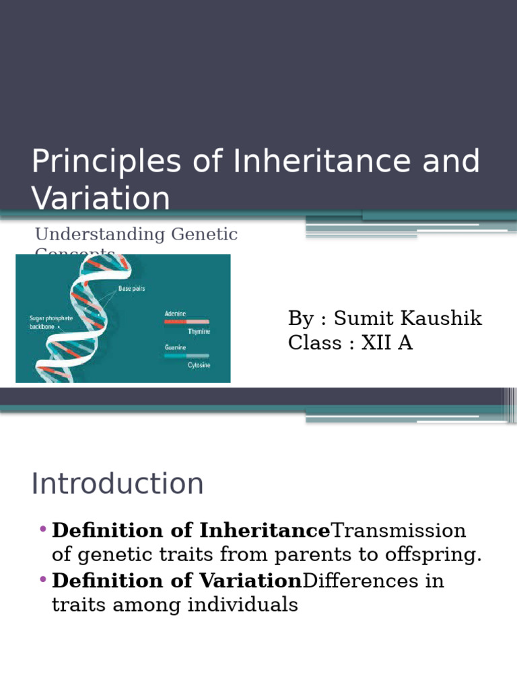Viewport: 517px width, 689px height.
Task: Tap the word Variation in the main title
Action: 101,199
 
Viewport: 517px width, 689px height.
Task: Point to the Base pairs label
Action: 132,289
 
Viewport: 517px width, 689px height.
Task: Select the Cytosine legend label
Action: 199,365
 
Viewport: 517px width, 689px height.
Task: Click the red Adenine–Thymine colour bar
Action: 186,322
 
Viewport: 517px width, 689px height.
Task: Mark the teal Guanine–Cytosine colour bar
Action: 186,355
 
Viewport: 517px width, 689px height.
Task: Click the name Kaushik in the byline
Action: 443,318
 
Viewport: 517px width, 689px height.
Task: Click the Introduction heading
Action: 118,484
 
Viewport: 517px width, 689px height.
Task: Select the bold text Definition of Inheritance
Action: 191,531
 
